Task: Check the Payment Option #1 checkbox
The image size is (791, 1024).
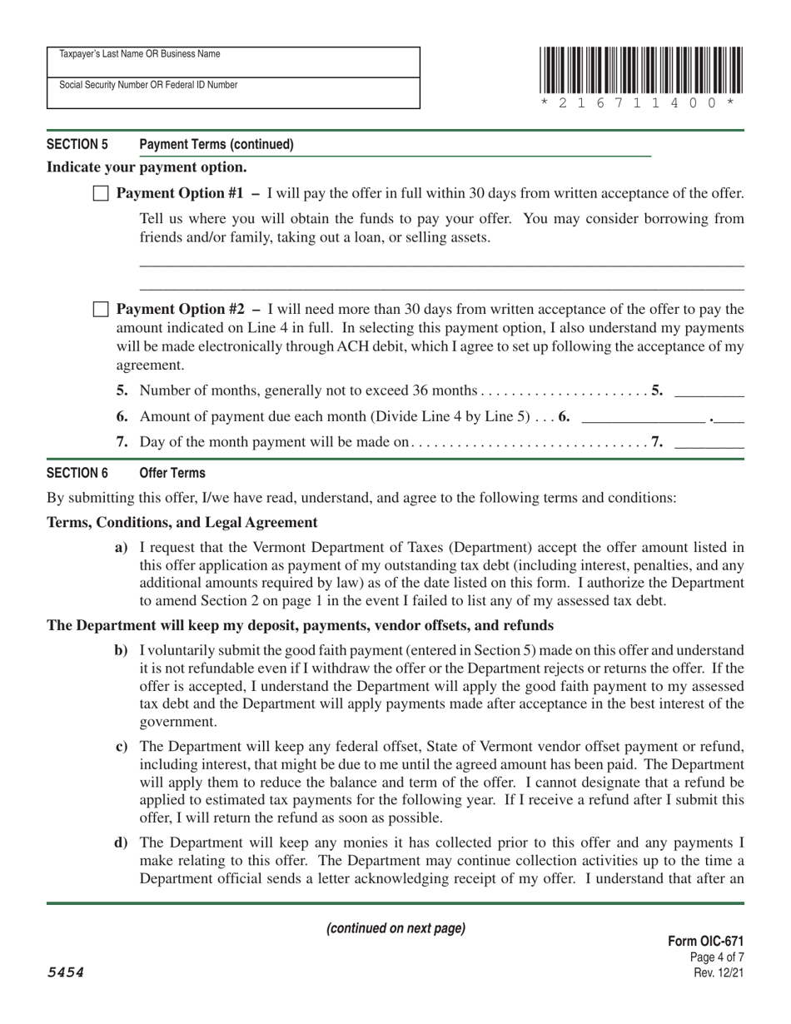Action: pyautogui.click(x=101, y=194)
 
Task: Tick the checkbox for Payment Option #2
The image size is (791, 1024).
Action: pyautogui.click(x=101, y=311)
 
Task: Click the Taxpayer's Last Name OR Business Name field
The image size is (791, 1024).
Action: pyautogui.click(x=233, y=62)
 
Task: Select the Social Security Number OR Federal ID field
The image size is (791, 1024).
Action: pyautogui.click(x=233, y=93)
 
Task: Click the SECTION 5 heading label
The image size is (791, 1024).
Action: pyautogui.click(x=77, y=144)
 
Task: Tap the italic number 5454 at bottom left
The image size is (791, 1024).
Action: pyautogui.click(x=66, y=972)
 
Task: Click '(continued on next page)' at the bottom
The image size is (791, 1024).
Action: pyautogui.click(x=395, y=928)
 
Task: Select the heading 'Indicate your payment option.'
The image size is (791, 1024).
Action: pyautogui.click(x=147, y=167)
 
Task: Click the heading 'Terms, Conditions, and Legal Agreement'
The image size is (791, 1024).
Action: pyautogui.click(x=182, y=523)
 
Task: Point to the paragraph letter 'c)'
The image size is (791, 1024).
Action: pyautogui.click(x=122, y=746)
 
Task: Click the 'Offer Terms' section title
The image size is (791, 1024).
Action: pyautogui.click(x=172, y=473)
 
